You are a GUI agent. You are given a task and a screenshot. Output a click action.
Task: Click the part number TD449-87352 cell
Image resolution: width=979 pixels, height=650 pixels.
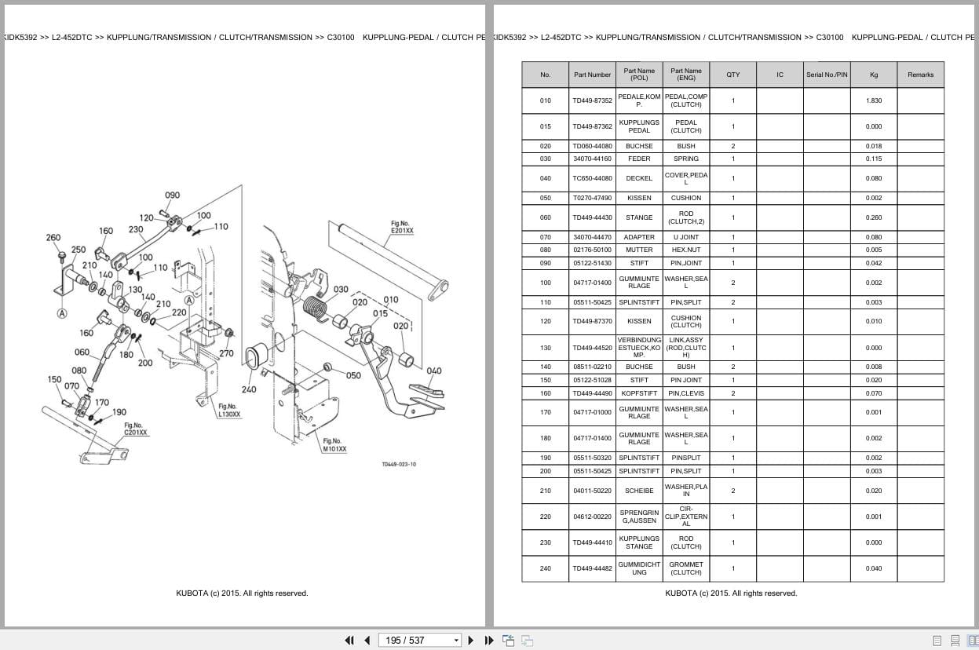point(592,100)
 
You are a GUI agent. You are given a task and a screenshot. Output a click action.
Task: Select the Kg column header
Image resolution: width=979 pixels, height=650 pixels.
point(873,75)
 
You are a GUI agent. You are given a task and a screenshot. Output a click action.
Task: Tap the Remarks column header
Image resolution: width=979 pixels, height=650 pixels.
point(920,75)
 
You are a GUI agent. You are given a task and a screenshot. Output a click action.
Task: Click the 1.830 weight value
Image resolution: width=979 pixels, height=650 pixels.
point(873,100)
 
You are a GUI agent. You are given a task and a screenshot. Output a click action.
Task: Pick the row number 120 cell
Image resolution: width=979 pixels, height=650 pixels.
point(545,321)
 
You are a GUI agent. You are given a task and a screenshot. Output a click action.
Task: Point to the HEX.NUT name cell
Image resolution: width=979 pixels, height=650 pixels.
point(685,250)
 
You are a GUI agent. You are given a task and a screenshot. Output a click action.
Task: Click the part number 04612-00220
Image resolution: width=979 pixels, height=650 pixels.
point(592,517)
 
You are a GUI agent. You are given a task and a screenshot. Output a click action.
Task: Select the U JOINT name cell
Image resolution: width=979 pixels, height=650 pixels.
point(685,237)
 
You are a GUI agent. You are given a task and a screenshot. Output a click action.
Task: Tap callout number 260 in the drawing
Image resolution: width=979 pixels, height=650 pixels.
point(53,237)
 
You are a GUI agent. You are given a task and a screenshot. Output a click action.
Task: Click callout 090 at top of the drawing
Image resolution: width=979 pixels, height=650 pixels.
point(172,195)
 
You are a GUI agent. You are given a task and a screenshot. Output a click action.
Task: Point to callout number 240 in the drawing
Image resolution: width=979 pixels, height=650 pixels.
point(248,389)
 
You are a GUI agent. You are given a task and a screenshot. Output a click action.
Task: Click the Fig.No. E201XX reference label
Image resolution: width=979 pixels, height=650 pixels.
point(401,228)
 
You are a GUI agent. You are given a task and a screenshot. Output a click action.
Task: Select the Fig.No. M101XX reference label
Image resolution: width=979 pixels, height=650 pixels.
point(332,445)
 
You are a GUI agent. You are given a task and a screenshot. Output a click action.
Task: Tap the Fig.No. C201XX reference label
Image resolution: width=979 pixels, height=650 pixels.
point(136,429)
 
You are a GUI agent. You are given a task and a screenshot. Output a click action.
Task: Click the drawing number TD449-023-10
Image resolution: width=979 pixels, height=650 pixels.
point(399,464)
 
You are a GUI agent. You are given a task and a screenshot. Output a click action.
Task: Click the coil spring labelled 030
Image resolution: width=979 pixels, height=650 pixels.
point(315,306)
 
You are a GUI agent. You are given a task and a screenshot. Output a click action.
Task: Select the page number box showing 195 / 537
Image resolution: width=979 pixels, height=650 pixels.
point(419,640)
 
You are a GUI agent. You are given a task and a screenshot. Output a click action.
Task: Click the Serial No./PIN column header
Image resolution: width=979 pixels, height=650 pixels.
point(826,75)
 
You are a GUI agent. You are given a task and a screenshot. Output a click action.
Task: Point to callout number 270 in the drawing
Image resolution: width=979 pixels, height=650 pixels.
point(226,353)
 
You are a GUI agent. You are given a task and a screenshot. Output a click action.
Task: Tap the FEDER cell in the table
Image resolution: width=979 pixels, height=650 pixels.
point(639,159)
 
